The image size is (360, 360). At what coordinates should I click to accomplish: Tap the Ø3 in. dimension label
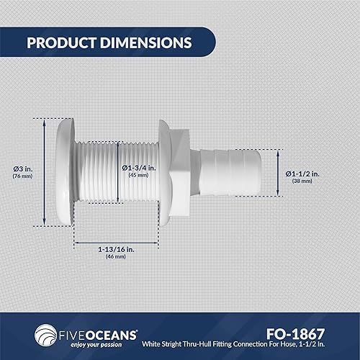(22, 168)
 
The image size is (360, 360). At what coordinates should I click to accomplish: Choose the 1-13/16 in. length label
(115, 249)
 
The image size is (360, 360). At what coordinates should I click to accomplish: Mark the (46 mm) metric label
(115, 257)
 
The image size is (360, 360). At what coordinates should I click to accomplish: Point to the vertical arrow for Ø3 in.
(46, 171)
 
